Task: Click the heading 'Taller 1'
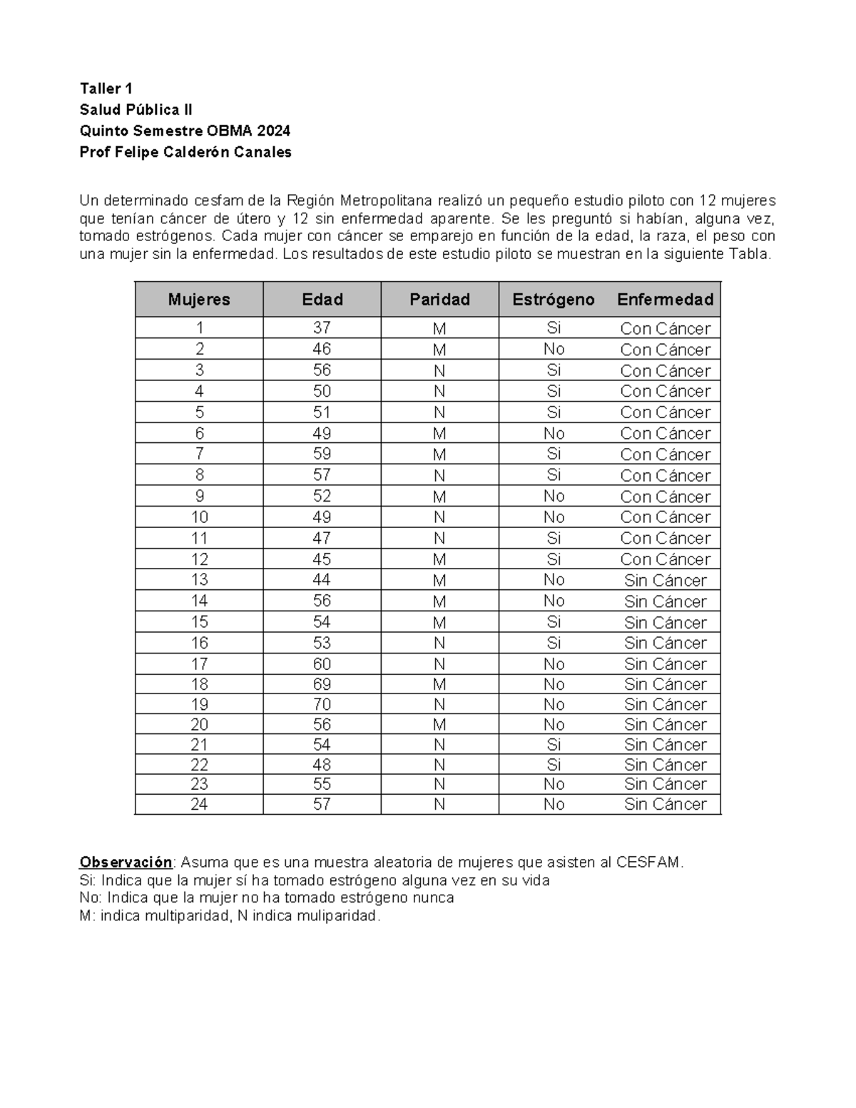(106, 88)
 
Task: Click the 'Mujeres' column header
(199, 300)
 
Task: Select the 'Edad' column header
(322, 300)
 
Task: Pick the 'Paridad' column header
(439, 300)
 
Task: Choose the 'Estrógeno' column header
(553, 300)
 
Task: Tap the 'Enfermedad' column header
(665, 300)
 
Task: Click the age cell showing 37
(322, 328)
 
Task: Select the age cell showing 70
(322, 704)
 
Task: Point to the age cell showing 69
(322, 684)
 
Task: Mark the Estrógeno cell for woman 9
(554, 496)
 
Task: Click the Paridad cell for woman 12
(439, 559)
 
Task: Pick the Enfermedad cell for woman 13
(665, 580)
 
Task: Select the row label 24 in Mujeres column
(199, 804)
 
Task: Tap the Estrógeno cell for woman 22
(554, 765)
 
